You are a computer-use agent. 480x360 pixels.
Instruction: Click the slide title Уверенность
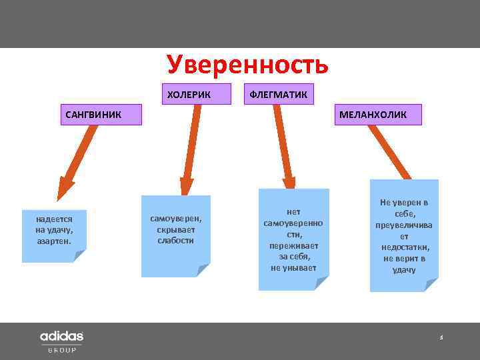click(248, 65)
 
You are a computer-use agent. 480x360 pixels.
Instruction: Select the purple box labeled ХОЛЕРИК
click(189, 94)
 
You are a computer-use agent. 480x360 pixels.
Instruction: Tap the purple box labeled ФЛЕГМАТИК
click(278, 94)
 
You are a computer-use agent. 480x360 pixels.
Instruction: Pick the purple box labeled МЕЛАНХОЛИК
click(372, 114)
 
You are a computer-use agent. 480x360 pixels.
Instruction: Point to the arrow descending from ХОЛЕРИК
click(191, 150)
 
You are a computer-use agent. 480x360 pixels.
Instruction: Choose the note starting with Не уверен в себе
click(404, 235)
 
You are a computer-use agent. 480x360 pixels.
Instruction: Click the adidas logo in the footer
click(61, 336)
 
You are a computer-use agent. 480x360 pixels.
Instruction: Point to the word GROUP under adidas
click(61, 350)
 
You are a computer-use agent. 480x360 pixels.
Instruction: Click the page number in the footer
click(441, 338)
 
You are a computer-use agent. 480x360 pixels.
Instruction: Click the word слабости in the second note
click(176, 240)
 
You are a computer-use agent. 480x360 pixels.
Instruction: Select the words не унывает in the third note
click(293, 268)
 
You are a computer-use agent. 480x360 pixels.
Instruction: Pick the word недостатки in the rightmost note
click(404, 247)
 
